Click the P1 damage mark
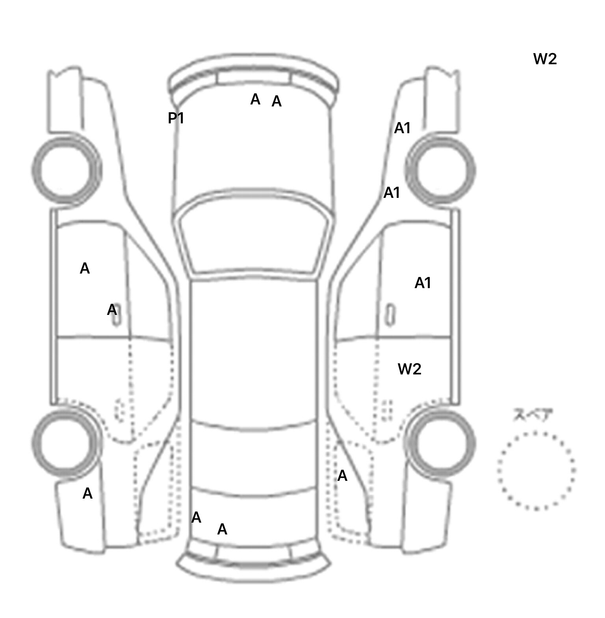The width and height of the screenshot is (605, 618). tap(176, 118)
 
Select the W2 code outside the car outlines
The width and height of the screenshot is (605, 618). tap(545, 59)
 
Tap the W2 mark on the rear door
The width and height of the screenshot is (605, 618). tap(410, 369)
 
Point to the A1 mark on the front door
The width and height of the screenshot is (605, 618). tap(423, 283)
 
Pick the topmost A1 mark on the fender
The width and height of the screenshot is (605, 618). tap(402, 128)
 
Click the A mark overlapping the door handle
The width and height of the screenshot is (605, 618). tap(112, 310)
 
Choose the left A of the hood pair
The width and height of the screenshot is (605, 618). tap(255, 99)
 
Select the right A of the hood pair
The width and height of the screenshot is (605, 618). tap(277, 102)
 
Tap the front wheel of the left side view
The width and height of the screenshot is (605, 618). tap(66, 170)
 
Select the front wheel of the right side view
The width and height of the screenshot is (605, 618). tap(440, 171)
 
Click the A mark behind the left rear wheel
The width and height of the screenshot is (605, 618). tap(87, 493)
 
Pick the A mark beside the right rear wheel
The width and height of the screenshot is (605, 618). tap(342, 476)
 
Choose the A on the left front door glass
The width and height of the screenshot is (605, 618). tap(85, 268)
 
